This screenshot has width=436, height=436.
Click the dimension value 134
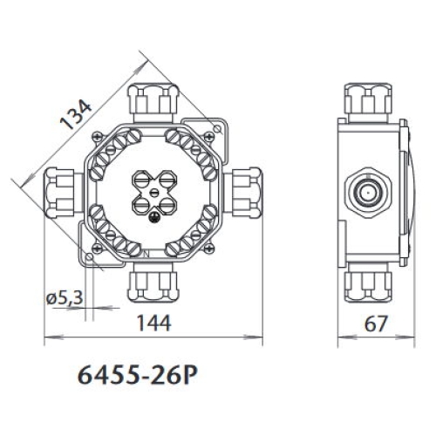pyautogui.click(x=76, y=114)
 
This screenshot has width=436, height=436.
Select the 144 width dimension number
pyautogui.click(x=154, y=324)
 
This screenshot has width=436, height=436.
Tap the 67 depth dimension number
pyautogui.click(x=376, y=324)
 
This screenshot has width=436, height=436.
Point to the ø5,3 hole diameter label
pyautogui.click(x=65, y=297)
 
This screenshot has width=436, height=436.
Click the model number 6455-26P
pyautogui.click(x=138, y=376)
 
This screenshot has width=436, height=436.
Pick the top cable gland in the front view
pyautogui.click(x=153, y=99)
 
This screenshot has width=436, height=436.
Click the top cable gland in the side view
pyautogui.click(x=368, y=99)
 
